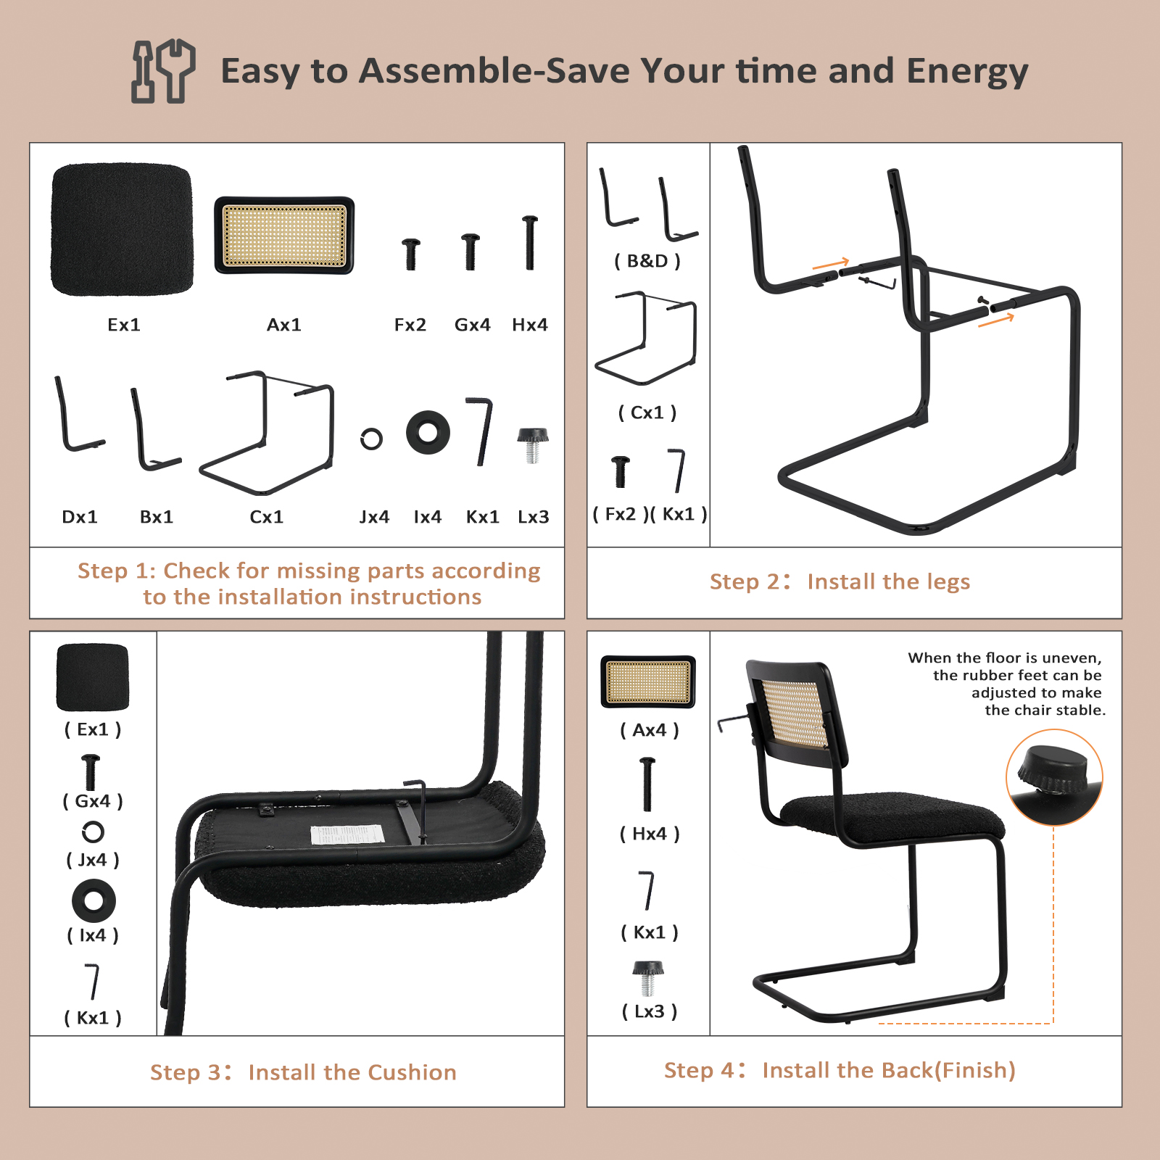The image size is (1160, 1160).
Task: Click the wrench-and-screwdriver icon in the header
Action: (163, 71)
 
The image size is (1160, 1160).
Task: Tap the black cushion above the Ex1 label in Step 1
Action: (123, 229)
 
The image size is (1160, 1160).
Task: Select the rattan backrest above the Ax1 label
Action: (284, 235)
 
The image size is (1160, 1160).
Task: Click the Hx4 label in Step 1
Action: (530, 325)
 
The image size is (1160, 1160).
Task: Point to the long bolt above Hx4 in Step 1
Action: (530, 243)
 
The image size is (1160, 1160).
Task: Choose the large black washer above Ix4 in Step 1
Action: (428, 433)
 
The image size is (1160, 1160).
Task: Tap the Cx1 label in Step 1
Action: (266, 517)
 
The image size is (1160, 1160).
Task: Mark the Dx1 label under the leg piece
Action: (80, 517)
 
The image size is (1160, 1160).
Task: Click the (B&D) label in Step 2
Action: (647, 261)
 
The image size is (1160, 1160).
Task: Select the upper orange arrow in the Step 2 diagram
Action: (831, 264)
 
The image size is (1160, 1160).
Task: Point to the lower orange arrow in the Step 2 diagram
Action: (996, 320)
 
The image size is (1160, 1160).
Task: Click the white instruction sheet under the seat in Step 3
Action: (347, 834)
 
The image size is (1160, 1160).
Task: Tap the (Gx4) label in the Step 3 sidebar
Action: (93, 801)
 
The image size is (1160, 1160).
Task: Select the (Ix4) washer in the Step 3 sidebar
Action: (94, 901)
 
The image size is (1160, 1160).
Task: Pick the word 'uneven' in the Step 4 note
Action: (1069, 658)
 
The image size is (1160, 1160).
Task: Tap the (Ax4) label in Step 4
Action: (650, 730)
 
